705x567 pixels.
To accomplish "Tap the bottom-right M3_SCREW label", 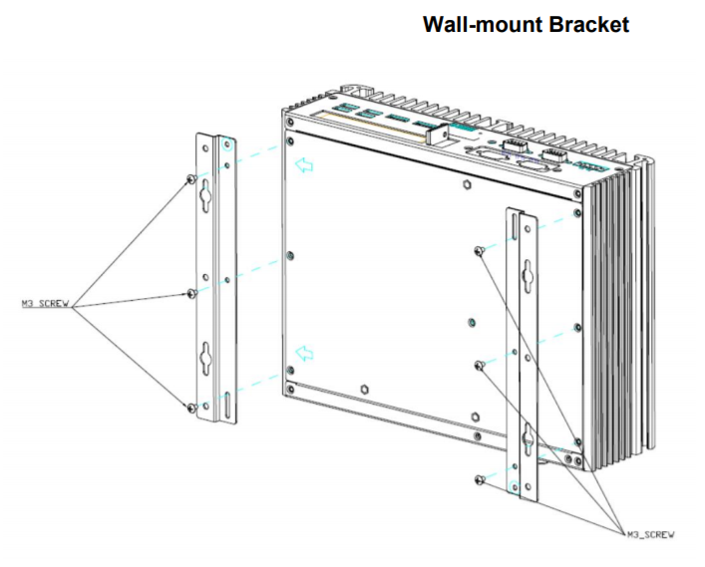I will (x=650, y=535).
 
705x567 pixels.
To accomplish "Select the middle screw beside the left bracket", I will (x=190, y=293).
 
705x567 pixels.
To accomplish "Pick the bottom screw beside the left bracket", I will (x=190, y=407).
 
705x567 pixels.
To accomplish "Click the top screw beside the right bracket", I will (x=481, y=251).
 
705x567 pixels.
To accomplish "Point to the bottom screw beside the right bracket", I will (x=481, y=480).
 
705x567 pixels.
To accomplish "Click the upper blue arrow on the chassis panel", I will (x=305, y=165).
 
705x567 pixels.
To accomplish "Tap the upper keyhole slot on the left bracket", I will (x=205, y=198).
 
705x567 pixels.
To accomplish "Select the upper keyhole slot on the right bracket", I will (x=525, y=270).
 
